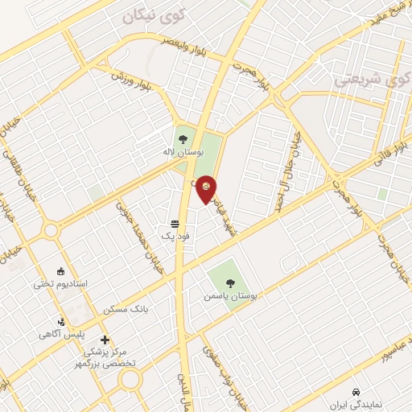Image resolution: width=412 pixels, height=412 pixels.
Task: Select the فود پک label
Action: pos(173,235)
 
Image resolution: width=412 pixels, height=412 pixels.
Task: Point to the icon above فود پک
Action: pos(175,224)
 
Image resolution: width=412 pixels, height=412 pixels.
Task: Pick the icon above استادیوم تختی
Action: pos(60,271)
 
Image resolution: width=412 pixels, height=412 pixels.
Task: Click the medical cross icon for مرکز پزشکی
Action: pos(105,340)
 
